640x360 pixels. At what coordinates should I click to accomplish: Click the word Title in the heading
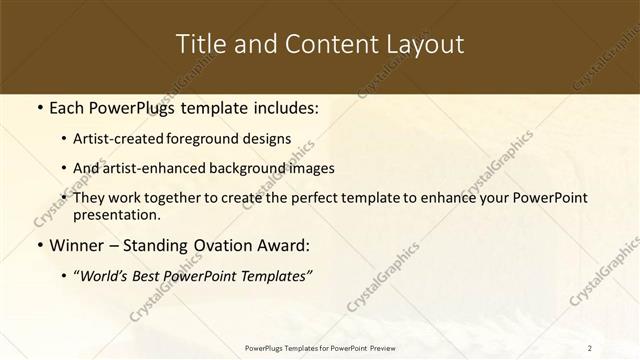coord(200,45)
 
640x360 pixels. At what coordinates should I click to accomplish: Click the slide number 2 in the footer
coord(590,347)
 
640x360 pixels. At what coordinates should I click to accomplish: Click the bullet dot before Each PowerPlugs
coord(39,107)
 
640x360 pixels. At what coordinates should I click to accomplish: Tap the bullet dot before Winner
coord(39,243)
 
